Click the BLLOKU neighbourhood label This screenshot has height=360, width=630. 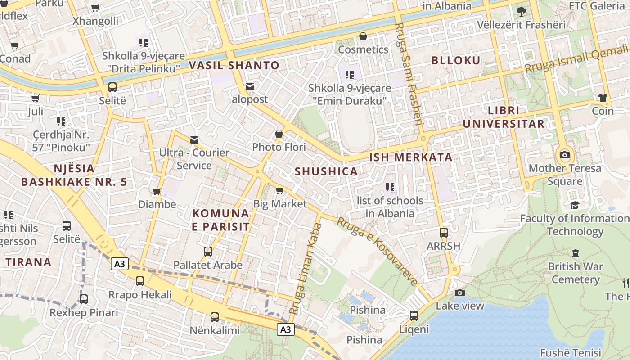[456, 60]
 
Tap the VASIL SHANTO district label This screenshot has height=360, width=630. [234, 65]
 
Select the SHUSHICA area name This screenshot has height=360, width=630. [326, 171]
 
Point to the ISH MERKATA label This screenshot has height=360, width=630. [411, 157]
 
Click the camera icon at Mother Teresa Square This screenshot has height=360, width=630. [564, 155]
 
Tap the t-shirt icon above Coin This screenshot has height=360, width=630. [603, 98]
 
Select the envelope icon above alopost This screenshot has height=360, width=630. [250, 86]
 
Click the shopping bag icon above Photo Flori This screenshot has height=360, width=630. [279, 134]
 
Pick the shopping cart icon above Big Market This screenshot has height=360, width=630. [279, 191]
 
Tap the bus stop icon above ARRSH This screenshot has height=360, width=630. [444, 233]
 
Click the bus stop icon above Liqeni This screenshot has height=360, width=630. [414, 316]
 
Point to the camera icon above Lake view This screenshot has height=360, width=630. [460, 292]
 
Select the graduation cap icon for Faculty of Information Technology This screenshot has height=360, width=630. [575, 205]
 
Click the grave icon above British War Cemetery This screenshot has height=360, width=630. [575, 253]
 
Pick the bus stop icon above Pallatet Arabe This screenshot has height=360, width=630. [208, 252]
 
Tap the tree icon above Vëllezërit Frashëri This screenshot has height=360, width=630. [522, 11]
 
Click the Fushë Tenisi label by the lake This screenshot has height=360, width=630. [571, 353]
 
